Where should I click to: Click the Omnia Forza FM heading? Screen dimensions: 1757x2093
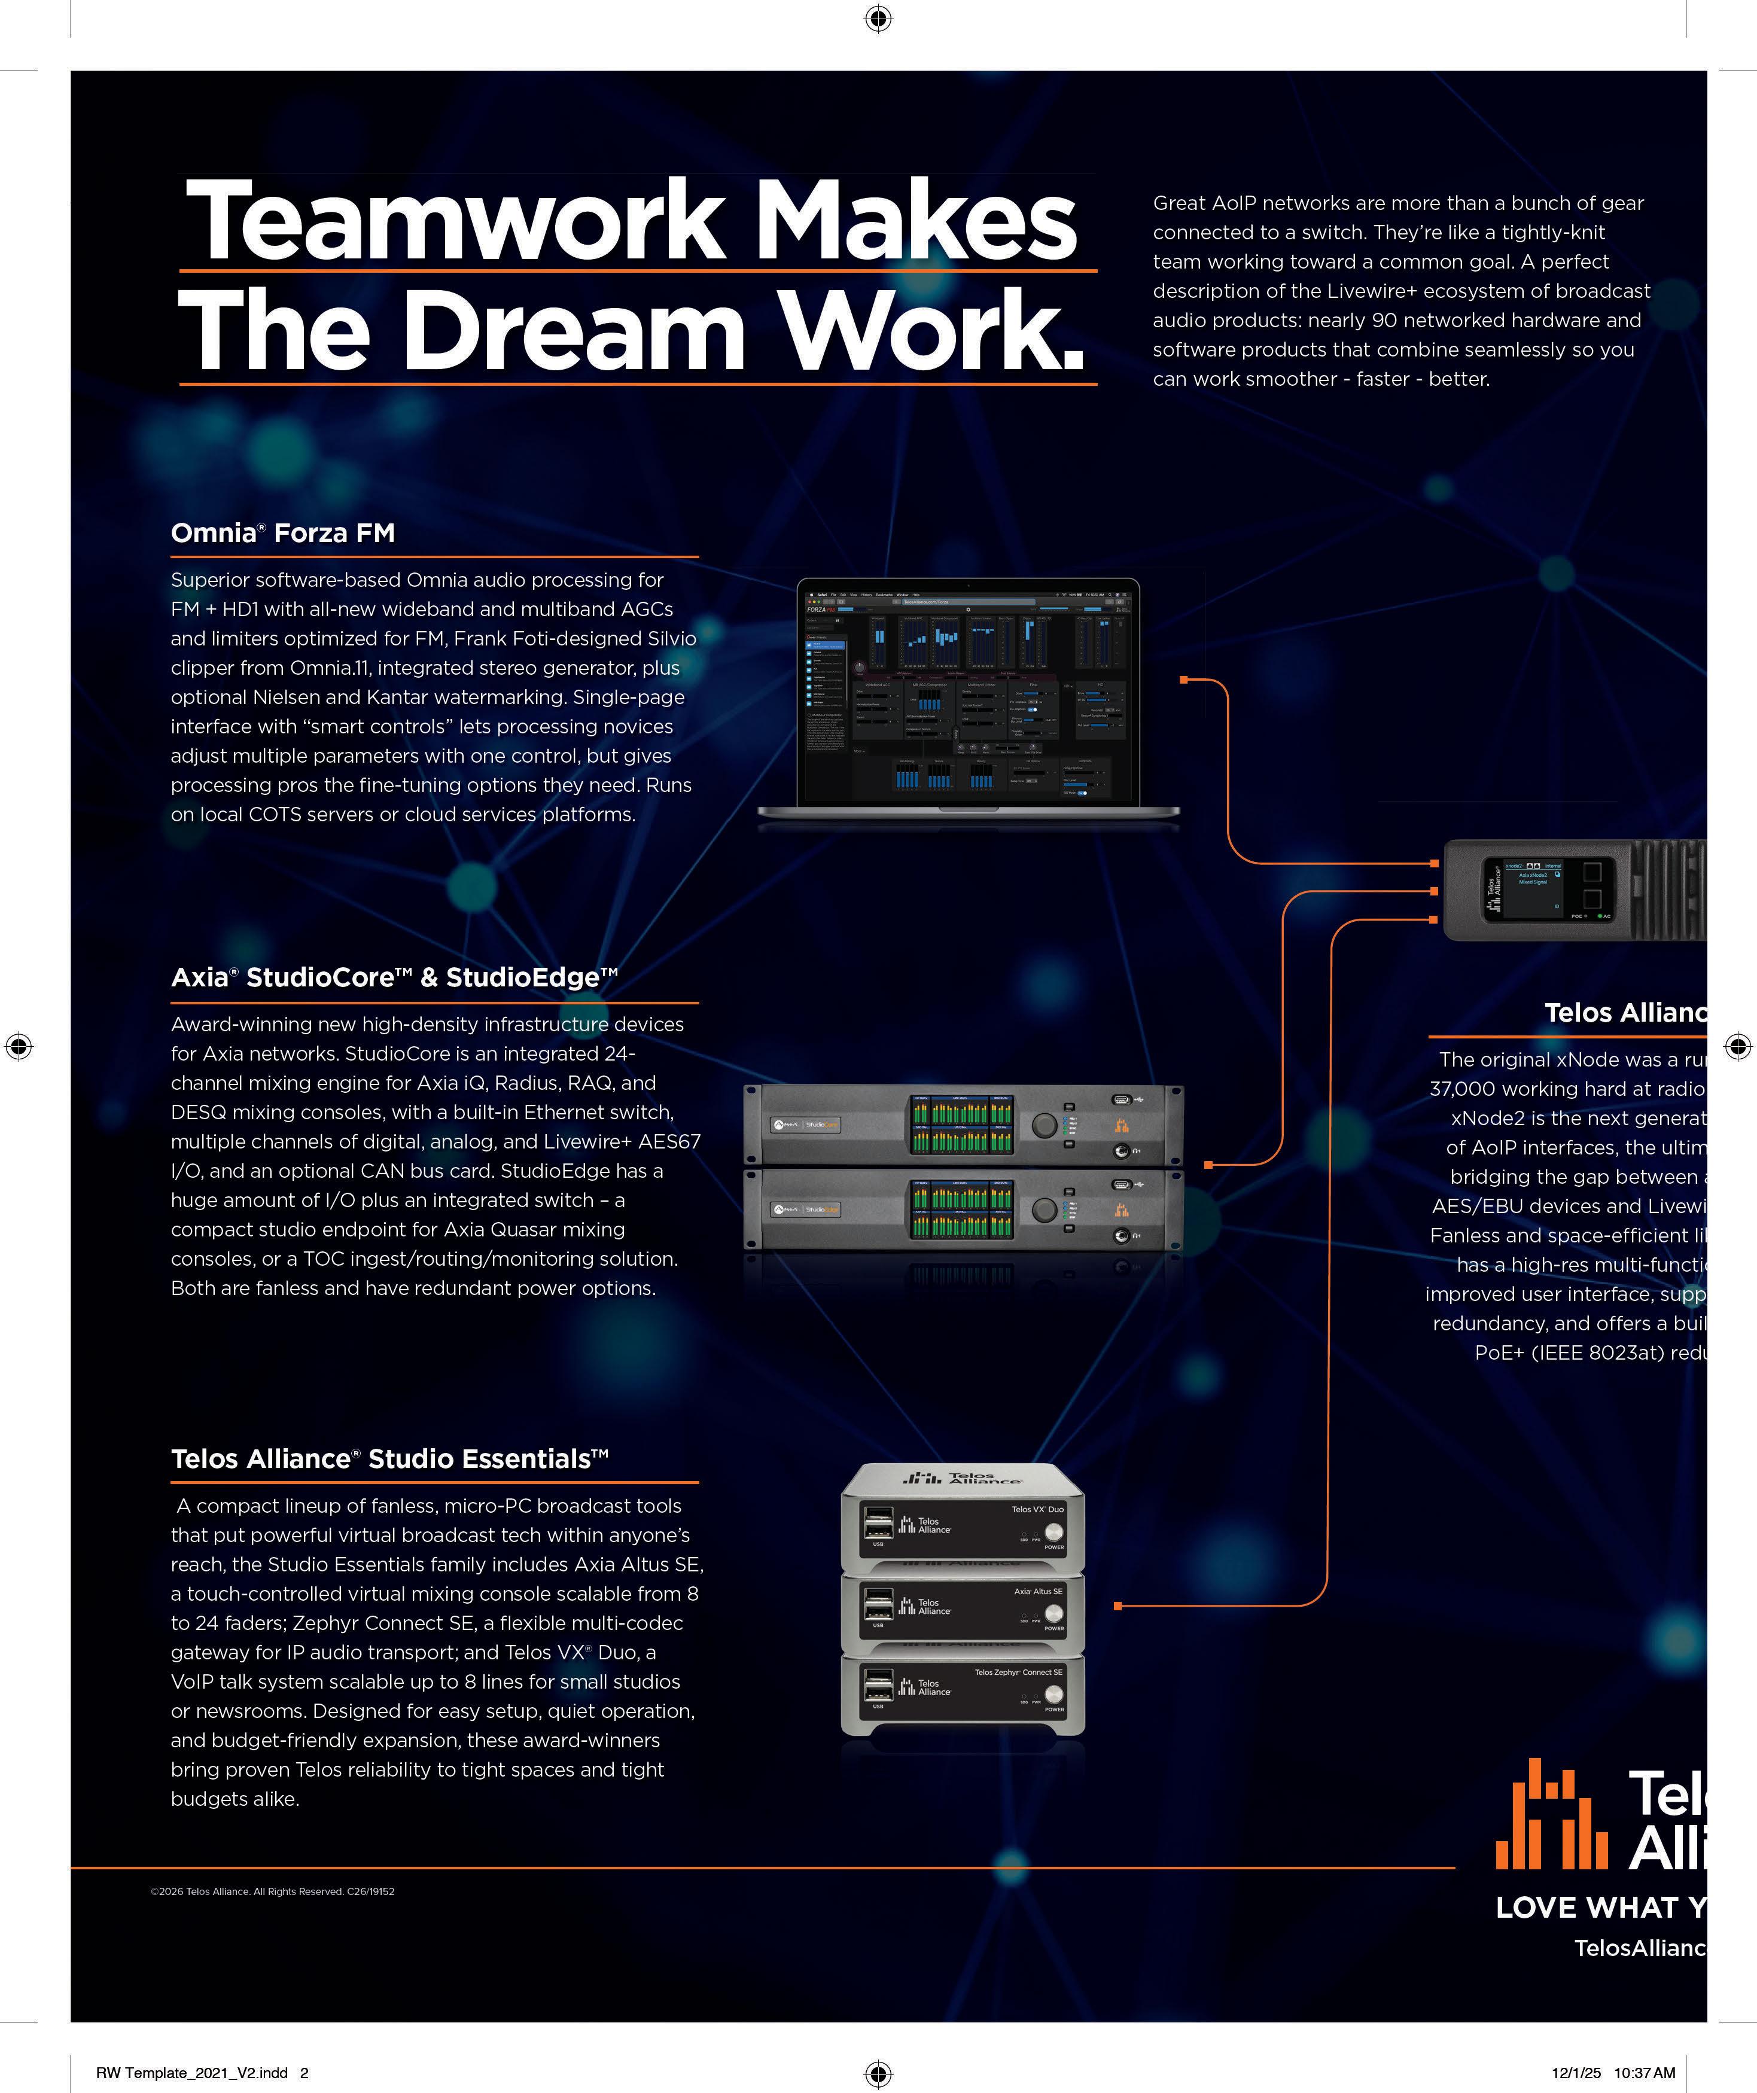point(283,533)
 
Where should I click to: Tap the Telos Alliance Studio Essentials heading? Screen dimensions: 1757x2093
point(389,1459)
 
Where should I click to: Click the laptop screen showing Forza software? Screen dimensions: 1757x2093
point(967,693)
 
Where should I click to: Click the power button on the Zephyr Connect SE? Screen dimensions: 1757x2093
point(1053,1695)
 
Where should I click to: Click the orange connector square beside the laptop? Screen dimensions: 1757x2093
point(1184,680)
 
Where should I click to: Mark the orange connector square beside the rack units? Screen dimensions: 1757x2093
point(1208,1164)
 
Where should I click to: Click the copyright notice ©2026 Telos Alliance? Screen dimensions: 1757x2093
point(272,1891)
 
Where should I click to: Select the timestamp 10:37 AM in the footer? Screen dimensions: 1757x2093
point(1645,2073)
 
